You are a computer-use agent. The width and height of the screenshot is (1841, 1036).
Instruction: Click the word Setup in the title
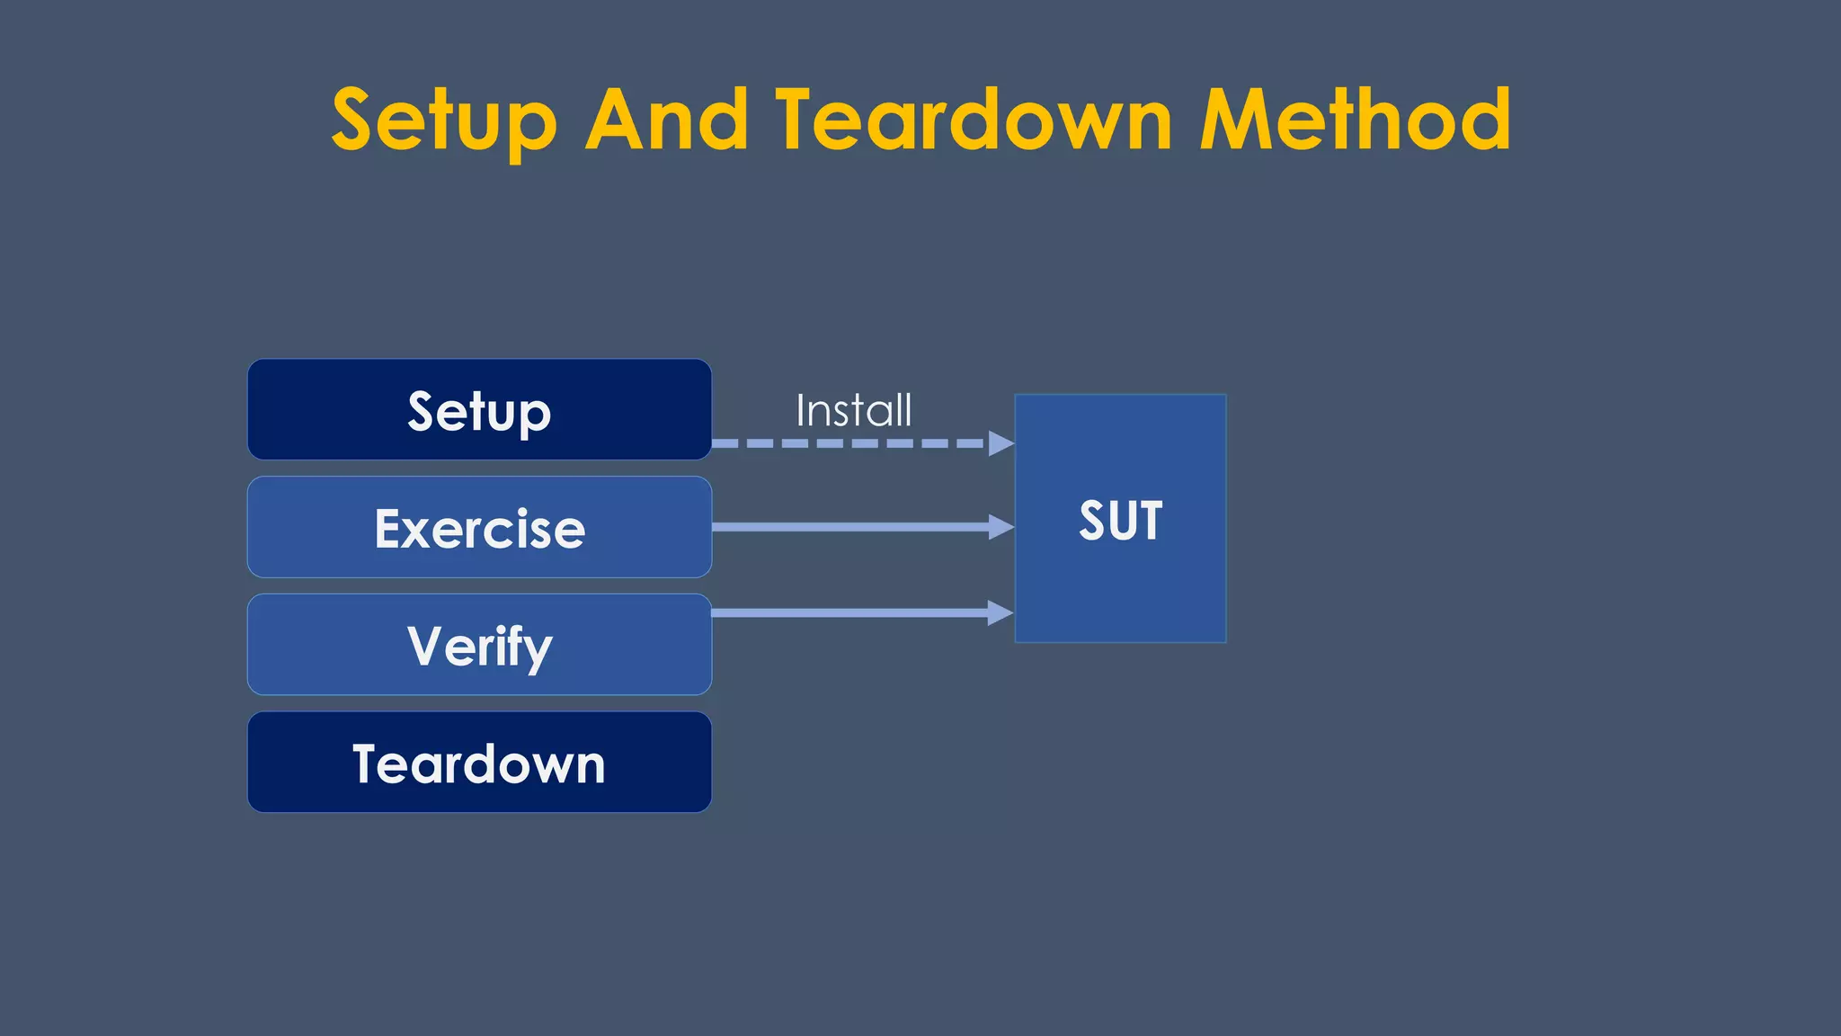tap(444, 121)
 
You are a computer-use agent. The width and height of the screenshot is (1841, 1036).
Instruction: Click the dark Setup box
tap(479, 410)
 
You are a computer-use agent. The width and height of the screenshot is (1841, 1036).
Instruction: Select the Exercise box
tap(479, 528)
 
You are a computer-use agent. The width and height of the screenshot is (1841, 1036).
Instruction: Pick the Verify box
tap(479, 645)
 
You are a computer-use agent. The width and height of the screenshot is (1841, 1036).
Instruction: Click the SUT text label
tap(1120, 521)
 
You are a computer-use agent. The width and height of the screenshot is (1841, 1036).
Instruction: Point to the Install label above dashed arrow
tap(853, 411)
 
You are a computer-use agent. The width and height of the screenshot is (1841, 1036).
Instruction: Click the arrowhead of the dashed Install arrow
tap(1001, 443)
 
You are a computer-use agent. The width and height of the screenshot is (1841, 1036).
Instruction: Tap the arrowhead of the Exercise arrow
tap(1001, 527)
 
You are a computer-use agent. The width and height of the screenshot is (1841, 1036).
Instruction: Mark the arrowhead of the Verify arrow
tap(1000, 613)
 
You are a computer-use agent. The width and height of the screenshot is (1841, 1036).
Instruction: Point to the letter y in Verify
tap(538, 649)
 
